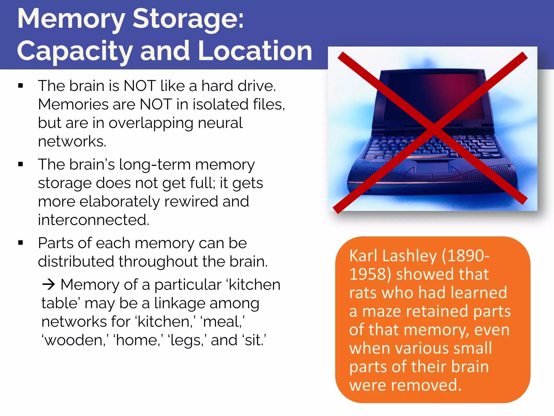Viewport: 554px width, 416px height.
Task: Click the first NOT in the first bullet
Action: coord(139,86)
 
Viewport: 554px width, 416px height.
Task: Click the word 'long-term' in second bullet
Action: coord(155,165)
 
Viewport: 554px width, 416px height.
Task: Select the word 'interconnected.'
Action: coord(94,220)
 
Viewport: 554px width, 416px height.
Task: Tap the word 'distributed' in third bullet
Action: coord(76,262)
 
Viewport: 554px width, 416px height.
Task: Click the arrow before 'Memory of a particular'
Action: coord(49,285)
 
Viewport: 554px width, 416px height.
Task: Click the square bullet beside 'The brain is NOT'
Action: coord(21,86)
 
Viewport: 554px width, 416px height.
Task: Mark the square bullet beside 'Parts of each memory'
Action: coord(21,243)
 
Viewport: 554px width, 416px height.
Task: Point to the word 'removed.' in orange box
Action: coord(426,385)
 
